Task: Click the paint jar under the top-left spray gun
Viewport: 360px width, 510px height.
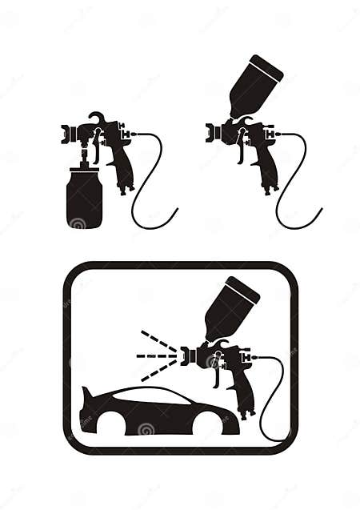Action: click(85, 199)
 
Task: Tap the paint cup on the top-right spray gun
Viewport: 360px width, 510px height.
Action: click(255, 86)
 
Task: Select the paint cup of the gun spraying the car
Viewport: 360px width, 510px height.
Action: click(231, 307)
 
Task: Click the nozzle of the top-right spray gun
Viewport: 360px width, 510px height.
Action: click(210, 133)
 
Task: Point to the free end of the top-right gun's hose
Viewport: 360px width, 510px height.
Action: click(321, 211)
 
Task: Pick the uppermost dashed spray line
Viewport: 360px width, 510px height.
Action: click(158, 339)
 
